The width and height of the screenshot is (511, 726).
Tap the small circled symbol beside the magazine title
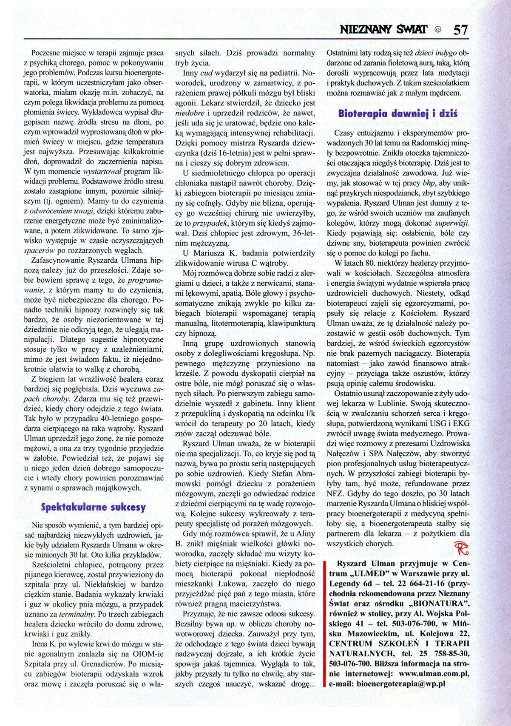[438, 30]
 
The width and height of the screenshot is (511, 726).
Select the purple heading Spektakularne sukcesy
[93, 507]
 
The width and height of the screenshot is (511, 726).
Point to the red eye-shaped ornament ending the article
[461, 548]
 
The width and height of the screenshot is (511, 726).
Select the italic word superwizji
[452, 223]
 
